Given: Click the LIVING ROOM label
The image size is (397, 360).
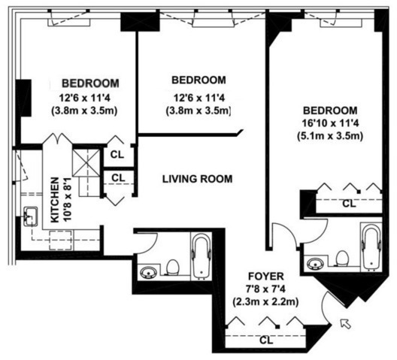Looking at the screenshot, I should pyautogui.click(x=198, y=179).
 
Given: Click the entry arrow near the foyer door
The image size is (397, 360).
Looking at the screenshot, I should pyautogui.click(x=345, y=323).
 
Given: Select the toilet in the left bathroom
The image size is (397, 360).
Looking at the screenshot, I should pyautogui.click(x=172, y=268).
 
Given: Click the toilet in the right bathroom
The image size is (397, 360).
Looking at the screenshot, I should pyautogui.click(x=342, y=259).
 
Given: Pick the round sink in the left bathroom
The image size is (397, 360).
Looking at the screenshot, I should pyautogui.click(x=147, y=271).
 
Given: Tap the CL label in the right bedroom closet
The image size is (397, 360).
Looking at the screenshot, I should pyautogui.click(x=347, y=203).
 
